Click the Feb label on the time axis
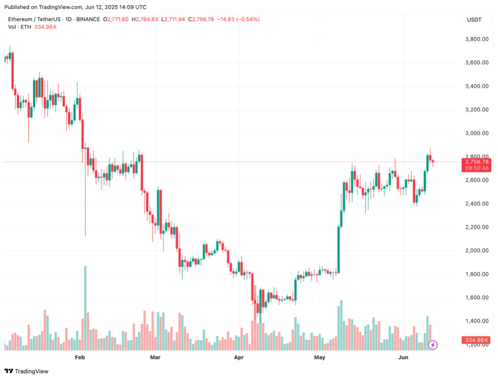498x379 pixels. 80,359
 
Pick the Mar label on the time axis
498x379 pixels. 155,359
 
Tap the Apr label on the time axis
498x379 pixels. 239,359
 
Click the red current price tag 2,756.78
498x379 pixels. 476,162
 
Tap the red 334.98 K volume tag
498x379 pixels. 476,340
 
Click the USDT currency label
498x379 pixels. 474,20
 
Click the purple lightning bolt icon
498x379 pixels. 433,345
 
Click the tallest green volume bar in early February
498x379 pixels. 85,308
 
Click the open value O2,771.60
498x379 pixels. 116,19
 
